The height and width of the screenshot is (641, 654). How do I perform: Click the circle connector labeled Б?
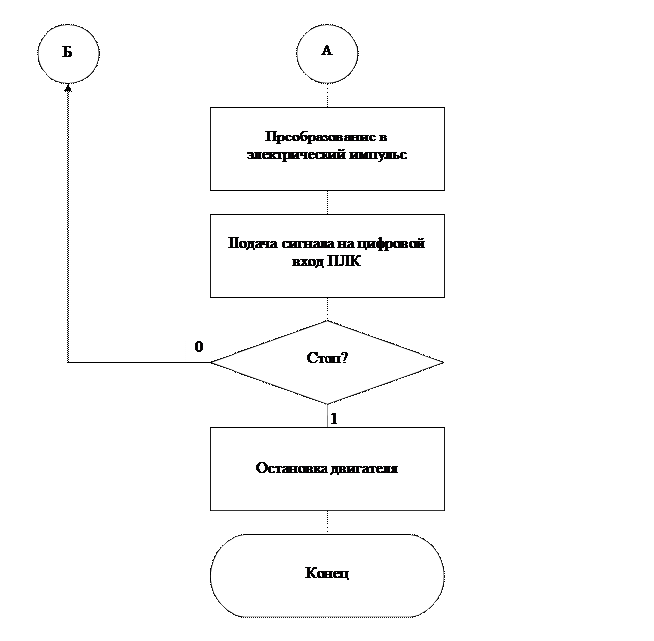68,52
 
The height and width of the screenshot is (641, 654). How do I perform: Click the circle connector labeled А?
327,51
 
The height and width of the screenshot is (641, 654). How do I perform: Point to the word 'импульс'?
378,155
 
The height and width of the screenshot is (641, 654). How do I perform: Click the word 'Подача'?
249,244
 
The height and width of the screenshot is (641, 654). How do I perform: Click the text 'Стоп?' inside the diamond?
327,358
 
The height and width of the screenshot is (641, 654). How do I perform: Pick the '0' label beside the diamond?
198,348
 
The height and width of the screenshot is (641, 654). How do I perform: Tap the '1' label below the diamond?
333,418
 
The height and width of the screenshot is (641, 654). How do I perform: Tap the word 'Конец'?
327,574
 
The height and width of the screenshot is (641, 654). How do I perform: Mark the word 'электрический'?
291,155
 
